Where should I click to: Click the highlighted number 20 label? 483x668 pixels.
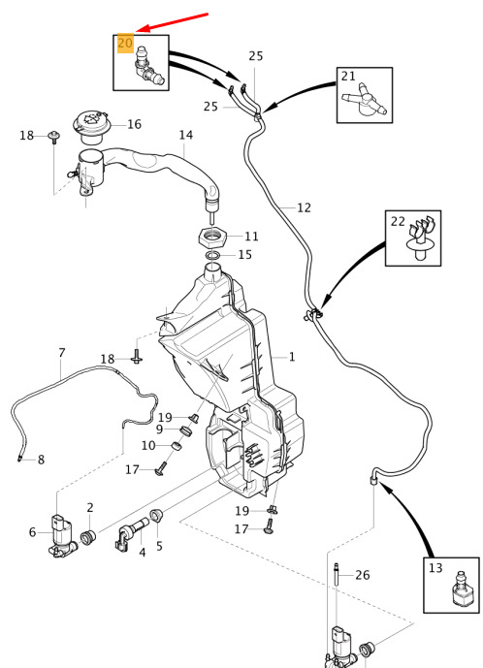click(125, 43)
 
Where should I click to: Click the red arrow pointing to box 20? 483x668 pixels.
click(174, 22)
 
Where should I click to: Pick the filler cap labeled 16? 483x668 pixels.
click(92, 127)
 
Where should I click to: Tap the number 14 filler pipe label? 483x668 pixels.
click(186, 135)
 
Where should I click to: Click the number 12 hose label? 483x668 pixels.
click(304, 207)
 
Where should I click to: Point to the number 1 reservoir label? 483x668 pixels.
click(292, 357)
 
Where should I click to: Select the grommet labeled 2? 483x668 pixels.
click(88, 537)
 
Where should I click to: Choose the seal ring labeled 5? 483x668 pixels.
click(156, 516)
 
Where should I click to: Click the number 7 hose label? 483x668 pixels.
click(62, 353)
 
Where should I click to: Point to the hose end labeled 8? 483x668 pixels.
click(20, 458)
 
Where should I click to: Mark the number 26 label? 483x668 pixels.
click(363, 575)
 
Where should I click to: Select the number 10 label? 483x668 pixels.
click(148, 446)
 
